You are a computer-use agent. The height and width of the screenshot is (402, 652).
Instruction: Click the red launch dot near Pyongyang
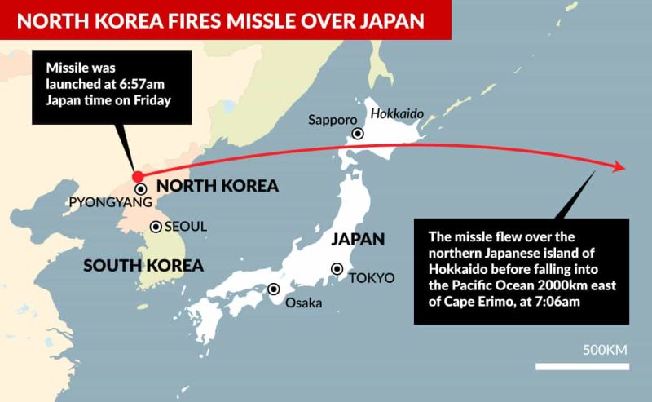pos(138,177)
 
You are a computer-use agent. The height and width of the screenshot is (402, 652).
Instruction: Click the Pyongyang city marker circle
pos(141,189)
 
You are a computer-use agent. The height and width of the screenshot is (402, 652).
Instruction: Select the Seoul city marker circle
pos(156,227)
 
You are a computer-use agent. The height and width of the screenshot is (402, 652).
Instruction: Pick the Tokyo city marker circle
pos(337,268)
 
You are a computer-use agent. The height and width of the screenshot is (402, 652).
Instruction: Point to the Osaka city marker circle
pos(274,289)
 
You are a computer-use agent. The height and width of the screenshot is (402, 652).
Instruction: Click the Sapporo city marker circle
pos(357,134)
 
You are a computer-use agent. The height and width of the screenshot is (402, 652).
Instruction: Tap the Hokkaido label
pos(397,114)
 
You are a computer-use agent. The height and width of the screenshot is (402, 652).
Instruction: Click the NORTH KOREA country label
pos(217,186)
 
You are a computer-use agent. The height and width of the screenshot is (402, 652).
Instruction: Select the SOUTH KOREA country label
pos(143,265)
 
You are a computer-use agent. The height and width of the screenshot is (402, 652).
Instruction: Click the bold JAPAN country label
pos(357,240)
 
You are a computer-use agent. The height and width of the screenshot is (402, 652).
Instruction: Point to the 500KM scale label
pos(604,351)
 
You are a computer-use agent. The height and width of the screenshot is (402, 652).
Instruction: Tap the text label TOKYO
pos(372,278)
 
